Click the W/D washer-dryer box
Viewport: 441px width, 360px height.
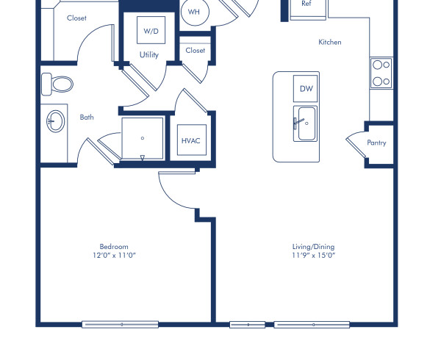(151, 31)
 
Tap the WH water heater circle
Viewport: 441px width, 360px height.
(194, 12)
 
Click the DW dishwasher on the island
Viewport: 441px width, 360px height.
(306, 88)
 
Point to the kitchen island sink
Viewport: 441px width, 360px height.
(305, 121)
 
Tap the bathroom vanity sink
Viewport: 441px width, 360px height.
(54, 122)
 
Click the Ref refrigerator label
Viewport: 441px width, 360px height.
(306, 4)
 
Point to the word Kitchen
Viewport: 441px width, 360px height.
(330, 43)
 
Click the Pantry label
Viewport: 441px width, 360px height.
(376, 143)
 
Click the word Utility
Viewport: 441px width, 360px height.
(149, 55)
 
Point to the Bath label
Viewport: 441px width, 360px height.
(87, 117)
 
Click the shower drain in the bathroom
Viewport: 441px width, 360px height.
(143, 137)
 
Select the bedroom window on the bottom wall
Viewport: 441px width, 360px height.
(120, 324)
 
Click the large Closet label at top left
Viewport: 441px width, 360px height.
(76, 18)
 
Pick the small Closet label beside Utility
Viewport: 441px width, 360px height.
(196, 51)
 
